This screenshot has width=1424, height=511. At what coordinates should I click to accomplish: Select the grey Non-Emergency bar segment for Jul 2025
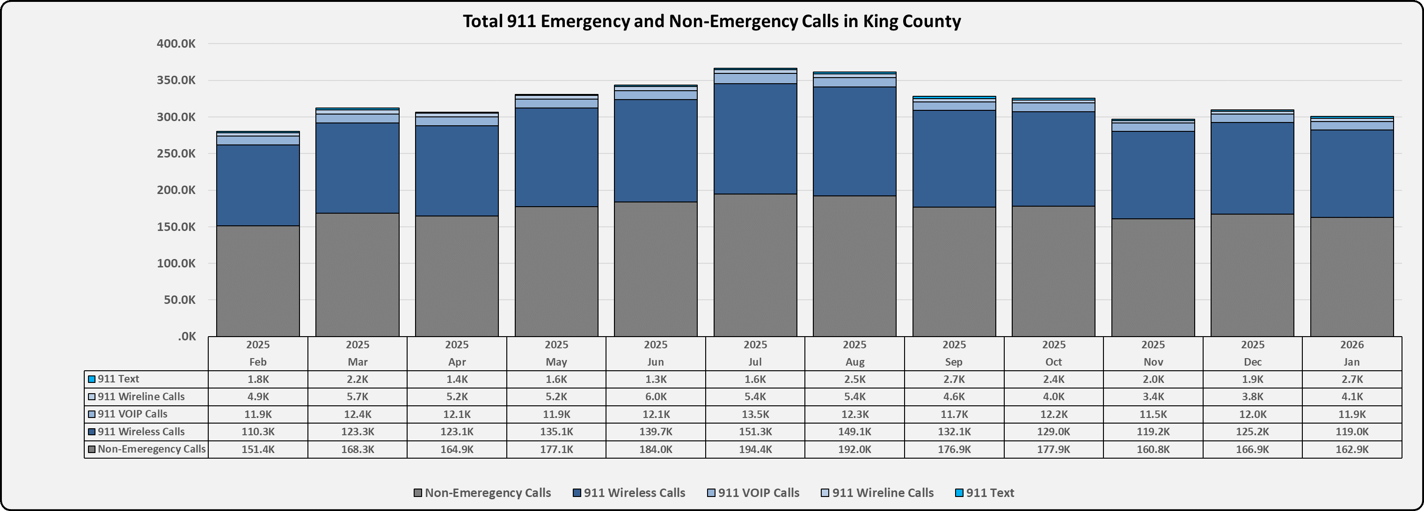(755, 265)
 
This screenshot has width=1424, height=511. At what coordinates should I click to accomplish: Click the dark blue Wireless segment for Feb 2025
(257, 185)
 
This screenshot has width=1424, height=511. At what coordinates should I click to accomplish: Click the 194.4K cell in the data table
(755, 449)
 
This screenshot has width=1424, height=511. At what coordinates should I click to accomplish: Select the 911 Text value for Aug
(854, 380)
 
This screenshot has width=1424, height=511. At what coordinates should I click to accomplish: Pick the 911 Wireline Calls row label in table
(141, 396)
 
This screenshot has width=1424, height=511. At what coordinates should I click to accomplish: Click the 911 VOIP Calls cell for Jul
(755, 414)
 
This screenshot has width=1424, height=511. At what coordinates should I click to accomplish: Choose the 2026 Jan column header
(1351, 353)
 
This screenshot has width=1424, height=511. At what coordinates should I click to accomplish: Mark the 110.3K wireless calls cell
(257, 432)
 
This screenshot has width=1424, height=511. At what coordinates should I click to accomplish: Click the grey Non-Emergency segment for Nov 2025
(1153, 277)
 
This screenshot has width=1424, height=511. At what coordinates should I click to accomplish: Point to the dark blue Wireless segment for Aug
(854, 141)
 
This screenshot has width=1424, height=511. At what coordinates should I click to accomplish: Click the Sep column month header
(954, 362)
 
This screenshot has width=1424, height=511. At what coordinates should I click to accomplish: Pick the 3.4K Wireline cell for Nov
(1153, 396)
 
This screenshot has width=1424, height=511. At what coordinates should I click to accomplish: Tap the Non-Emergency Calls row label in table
(146, 449)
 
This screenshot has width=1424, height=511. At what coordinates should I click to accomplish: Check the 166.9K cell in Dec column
(1252, 449)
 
